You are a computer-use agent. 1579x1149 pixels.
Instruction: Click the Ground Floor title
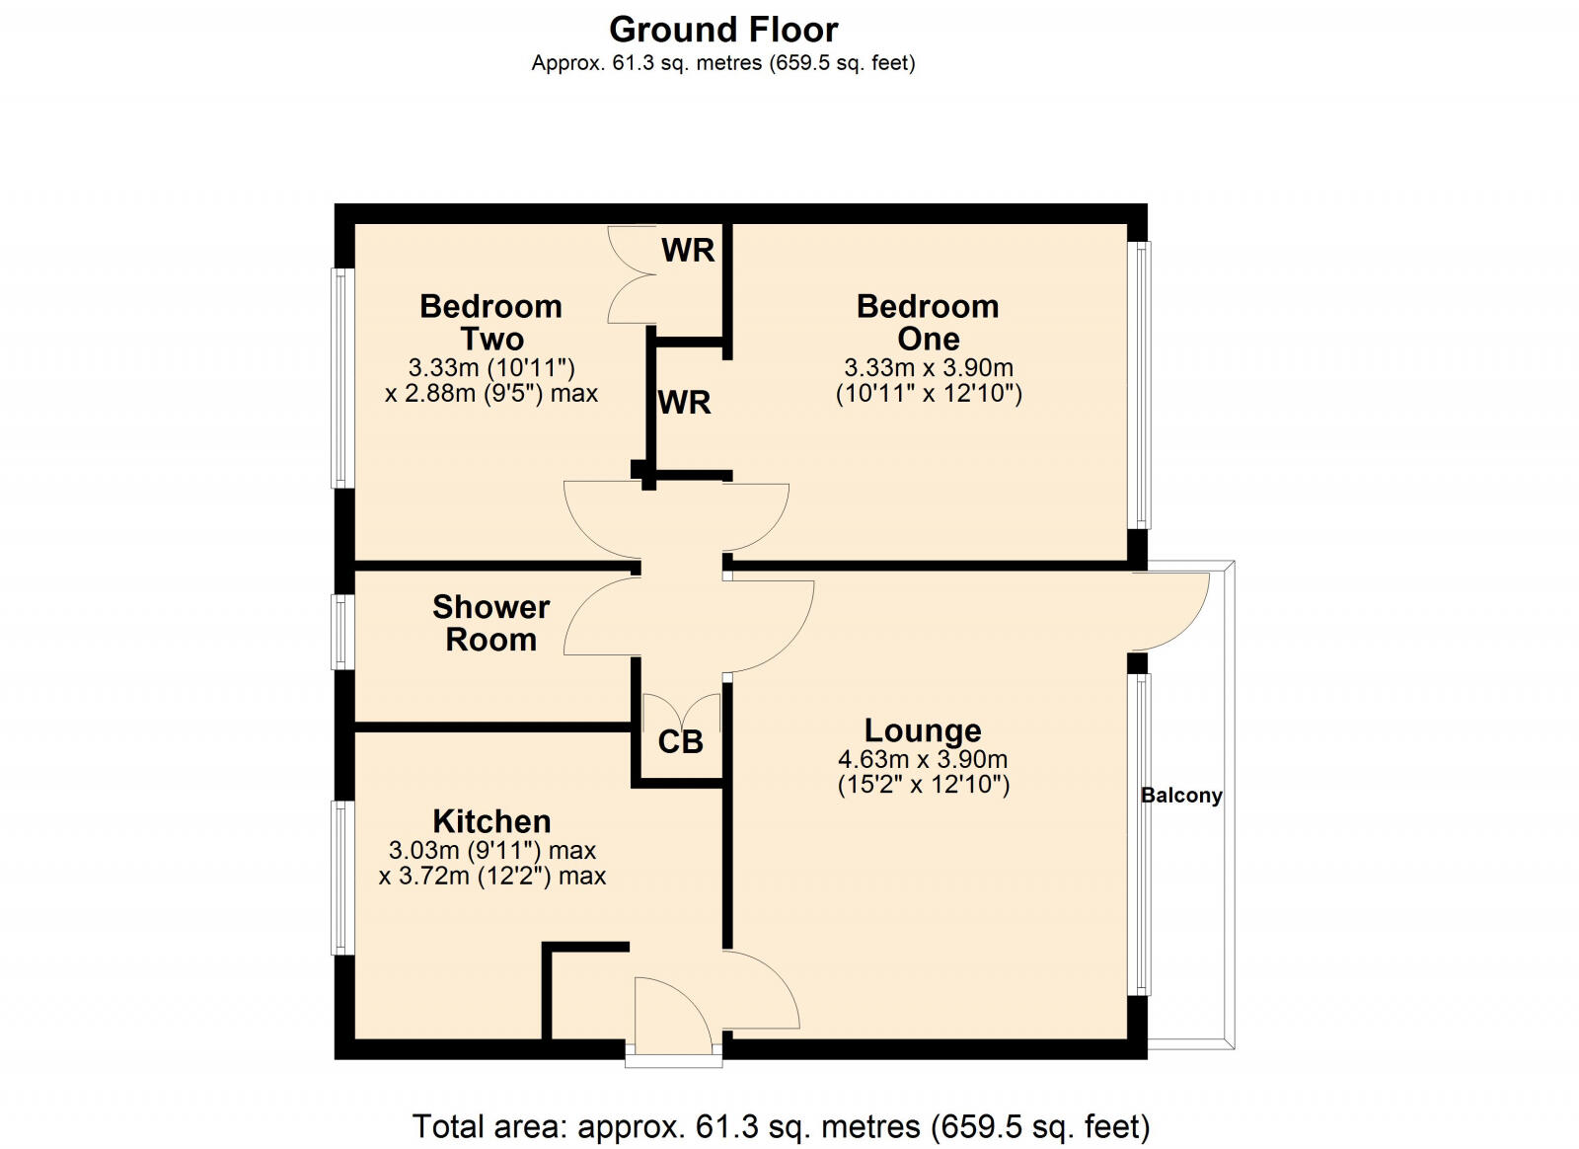click(x=723, y=30)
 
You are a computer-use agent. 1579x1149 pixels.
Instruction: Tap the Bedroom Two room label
click(x=490, y=322)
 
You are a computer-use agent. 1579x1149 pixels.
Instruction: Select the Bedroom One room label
click(x=928, y=322)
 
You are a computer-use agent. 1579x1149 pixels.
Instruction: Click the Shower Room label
click(x=490, y=623)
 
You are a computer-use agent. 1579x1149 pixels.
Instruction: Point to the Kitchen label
click(x=491, y=821)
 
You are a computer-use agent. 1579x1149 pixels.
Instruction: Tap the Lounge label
click(x=923, y=730)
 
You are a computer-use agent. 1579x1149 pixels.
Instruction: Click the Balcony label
click(x=1181, y=796)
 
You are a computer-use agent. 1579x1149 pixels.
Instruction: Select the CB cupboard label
click(x=680, y=742)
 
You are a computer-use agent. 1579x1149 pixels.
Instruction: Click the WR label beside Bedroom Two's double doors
click(x=688, y=251)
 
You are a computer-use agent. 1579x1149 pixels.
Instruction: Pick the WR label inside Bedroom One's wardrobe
click(x=684, y=403)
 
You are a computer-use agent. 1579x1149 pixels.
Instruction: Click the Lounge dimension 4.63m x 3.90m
click(x=923, y=760)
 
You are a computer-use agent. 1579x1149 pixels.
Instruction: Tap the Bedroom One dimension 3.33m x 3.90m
click(x=928, y=368)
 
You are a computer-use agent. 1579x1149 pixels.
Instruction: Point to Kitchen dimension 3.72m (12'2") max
click(x=492, y=877)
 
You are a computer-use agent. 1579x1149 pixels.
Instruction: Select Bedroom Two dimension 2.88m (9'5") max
click(x=491, y=394)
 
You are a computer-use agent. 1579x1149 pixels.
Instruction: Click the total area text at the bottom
click(x=781, y=1126)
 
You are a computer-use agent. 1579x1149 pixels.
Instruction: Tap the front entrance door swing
click(x=671, y=1017)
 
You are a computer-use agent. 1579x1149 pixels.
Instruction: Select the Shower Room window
click(x=341, y=632)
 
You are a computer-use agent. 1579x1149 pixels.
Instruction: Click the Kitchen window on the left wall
click(x=341, y=878)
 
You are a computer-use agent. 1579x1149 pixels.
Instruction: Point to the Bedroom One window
click(x=1140, y=385)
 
